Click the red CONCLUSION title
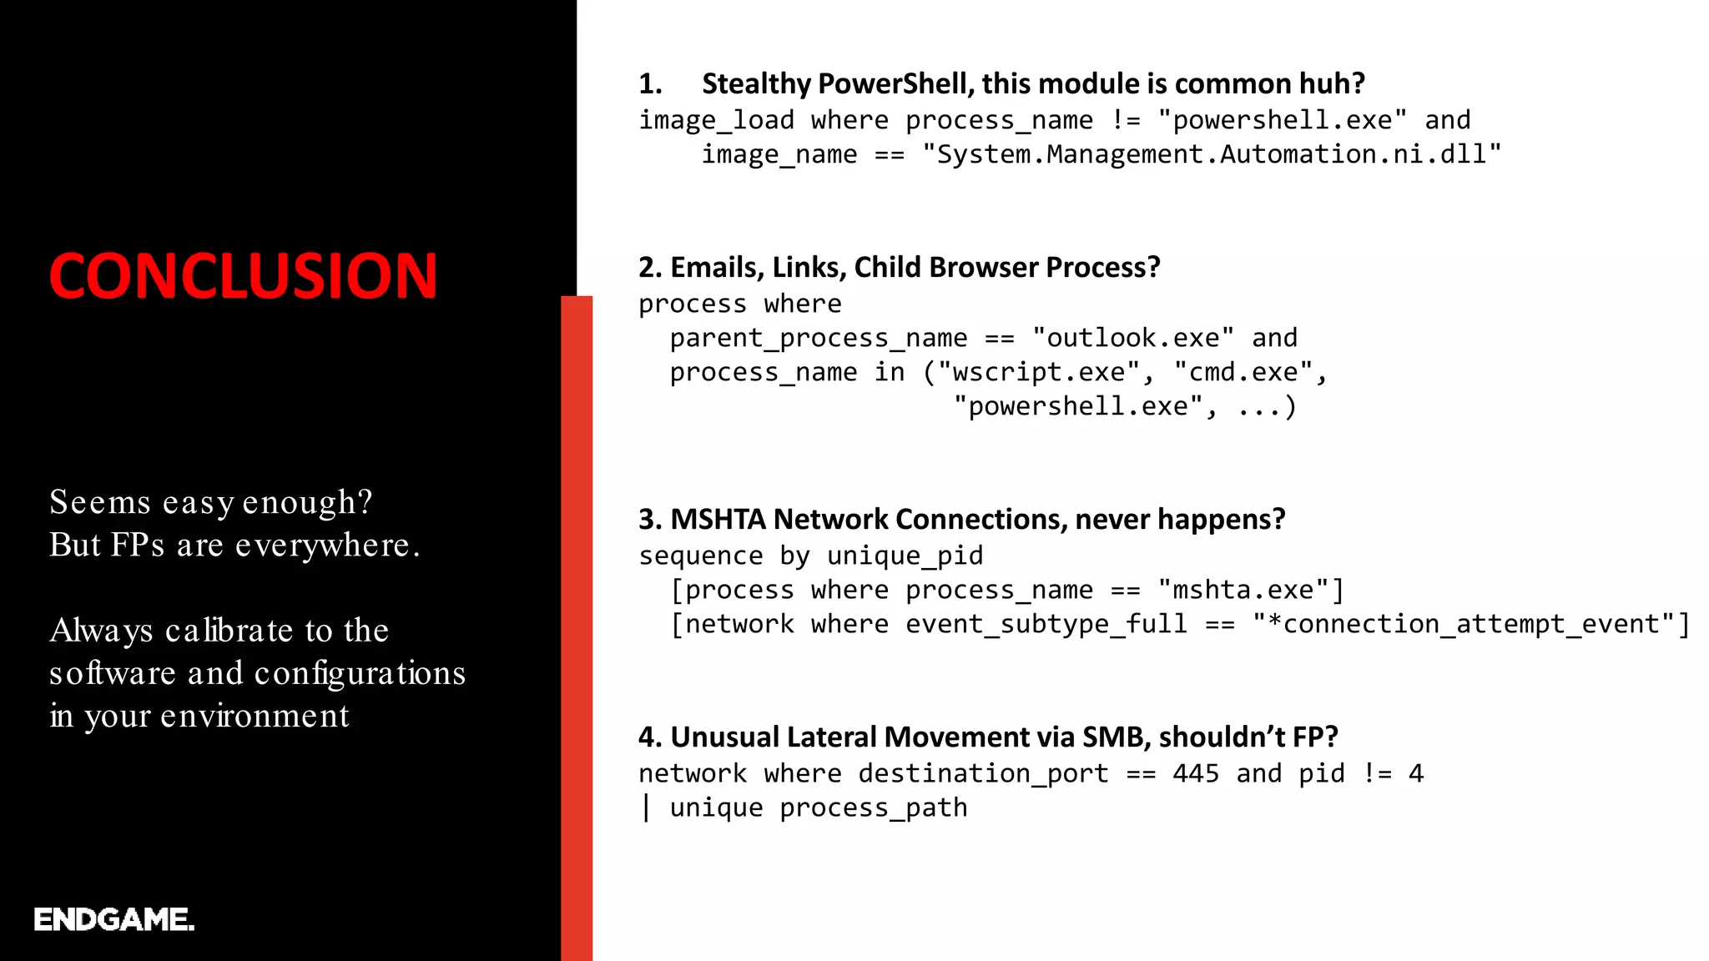[x=243, y=276]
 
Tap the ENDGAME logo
[x=114, y=919]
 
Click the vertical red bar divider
[x=577, y=626]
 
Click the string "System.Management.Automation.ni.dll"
[x=1211, y=154]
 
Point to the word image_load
[x=716, y=120]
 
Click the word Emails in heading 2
[x=716, y=267]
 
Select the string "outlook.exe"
[x=1132, y=338]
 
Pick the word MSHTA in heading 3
[x=718, y=519]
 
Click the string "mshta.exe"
[x=1243, y=590]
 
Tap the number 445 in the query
[x=1195, y=773]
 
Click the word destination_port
[x=983, y=773]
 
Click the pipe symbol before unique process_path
[x=646, y=808]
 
